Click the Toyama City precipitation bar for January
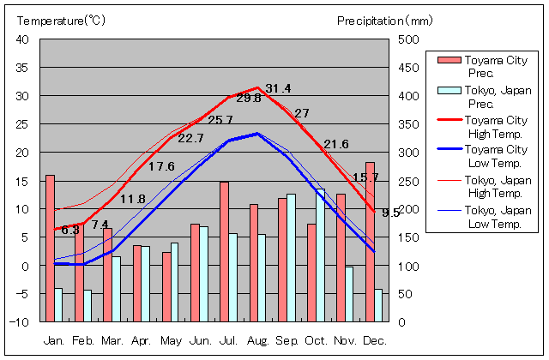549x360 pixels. [x=50, y=249]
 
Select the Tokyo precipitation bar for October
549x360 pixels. [x=321, y=255]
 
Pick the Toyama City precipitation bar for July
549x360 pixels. [x=224, y=252]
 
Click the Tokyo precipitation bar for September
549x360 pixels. [x=292, y=258]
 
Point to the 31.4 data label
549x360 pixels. [x=278, y=88]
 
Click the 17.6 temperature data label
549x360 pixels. [x=161, y=166]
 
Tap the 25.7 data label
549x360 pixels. [x=220, y=119]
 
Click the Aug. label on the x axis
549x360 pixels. [x=258, y=340]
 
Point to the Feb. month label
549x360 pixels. [x=84, y=340]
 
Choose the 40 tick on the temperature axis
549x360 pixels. [x=22, y=39]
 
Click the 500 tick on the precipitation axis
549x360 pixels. [x=408, y=39]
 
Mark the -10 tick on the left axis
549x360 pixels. [x=20, y=322]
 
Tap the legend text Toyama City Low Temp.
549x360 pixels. [x=496, y=157]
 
